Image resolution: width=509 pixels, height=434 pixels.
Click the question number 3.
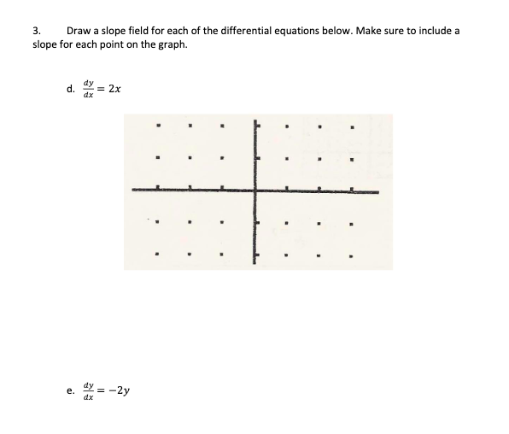click(x=36, y=31)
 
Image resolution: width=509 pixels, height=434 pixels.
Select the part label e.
click(x=69, y=392)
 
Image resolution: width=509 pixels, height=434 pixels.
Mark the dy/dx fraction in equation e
click(x=85, y=392)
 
